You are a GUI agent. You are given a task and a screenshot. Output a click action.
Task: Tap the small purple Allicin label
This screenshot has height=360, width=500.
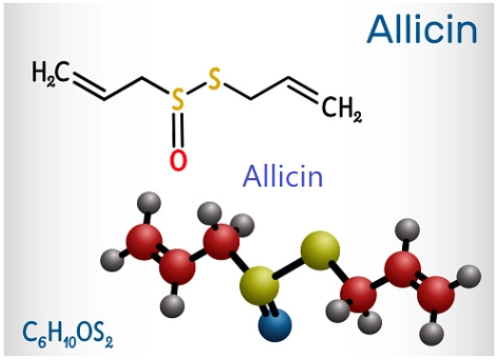pos(283,176)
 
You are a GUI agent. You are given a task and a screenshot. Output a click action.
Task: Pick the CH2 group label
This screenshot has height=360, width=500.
pos(342,112)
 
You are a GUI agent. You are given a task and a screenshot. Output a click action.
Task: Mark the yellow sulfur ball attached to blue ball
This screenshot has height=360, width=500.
pos(258,283)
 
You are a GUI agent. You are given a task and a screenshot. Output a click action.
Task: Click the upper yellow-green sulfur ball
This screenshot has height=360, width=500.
pos(318,250)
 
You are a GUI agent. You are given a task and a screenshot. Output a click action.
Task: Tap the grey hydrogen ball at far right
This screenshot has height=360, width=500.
pos(469,276)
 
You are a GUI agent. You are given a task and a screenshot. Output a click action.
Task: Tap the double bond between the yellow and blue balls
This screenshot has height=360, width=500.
pos(268,305)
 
